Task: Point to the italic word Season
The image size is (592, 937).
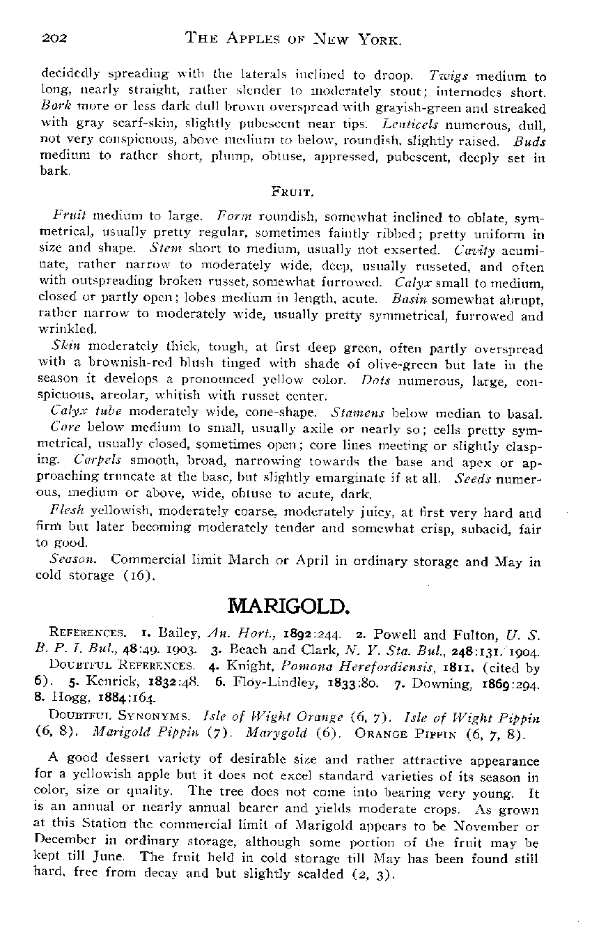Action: click(x=70, y=559)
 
